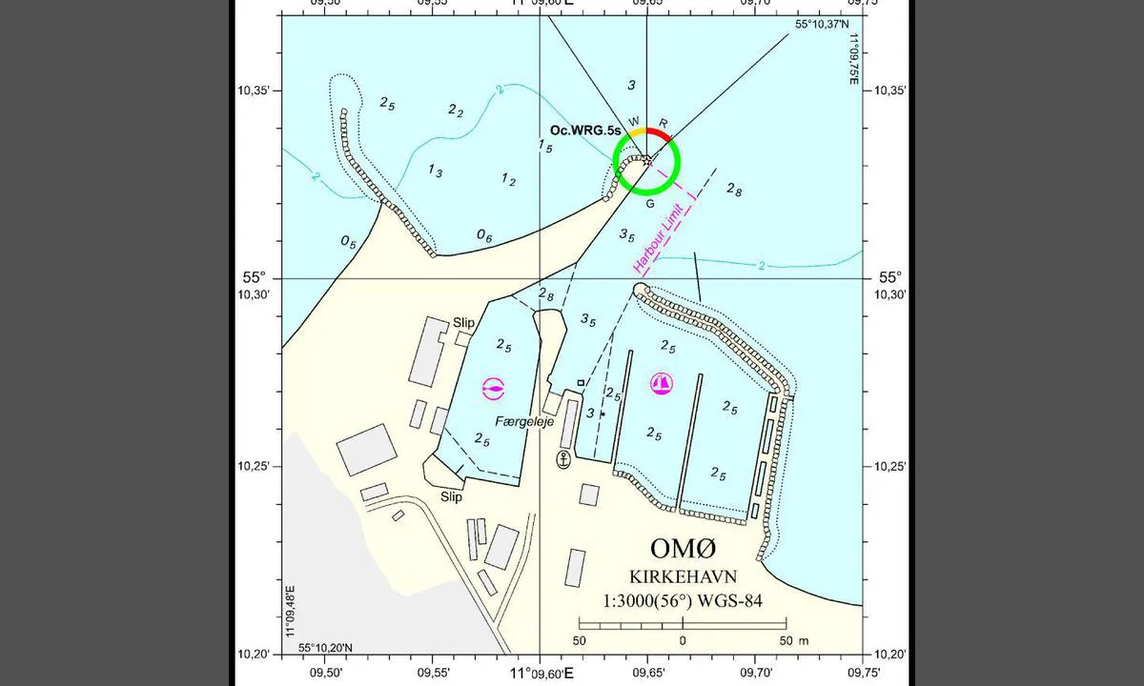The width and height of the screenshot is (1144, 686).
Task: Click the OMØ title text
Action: point(682,550)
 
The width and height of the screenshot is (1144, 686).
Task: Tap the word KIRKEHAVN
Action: point(682,577)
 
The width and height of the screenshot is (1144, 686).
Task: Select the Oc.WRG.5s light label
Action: point(585,131)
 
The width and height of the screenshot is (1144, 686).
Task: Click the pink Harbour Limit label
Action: point(664,234)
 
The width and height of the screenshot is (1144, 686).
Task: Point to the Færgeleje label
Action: point(524,421)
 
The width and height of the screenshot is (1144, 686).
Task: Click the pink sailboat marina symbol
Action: point(661,383)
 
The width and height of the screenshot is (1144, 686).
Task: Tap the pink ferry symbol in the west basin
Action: point(493,387)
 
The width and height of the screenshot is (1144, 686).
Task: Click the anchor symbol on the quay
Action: point(563,460)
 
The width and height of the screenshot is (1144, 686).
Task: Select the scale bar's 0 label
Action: point(683,639)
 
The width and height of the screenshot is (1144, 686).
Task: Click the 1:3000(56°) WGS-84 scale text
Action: point(682,601)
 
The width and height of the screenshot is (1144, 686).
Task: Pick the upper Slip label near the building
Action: point(464,323)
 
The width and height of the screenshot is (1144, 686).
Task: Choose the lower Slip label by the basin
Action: point(451,497)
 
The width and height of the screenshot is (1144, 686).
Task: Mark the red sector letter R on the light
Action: point(664,124)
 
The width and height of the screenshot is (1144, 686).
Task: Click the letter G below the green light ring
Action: point(649,203)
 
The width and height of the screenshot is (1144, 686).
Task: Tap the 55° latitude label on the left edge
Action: point(253,278)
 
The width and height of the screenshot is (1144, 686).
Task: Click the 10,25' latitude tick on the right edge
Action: point(889,466)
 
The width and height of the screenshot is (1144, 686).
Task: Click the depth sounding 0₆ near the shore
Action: point(484,235)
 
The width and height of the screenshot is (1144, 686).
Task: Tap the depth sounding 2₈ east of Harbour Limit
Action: point(734,190)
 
